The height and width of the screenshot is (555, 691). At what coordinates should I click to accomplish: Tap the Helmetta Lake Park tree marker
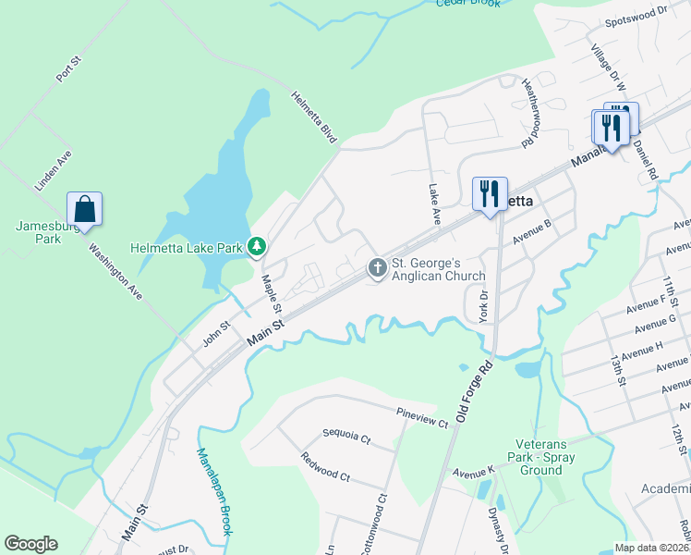(x=258, y=247)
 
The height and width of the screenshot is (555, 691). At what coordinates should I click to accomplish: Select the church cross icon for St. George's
(x=377, y=267)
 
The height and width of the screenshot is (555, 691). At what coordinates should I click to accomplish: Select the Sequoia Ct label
(x=346, y=434)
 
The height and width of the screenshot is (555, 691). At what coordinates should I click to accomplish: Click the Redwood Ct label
(x=325, y=467)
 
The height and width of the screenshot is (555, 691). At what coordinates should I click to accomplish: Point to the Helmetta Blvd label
(x=315, y=117)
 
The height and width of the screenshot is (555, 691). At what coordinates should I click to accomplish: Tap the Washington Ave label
(x=115, y=271)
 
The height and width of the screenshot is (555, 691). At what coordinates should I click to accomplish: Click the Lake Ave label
(x=434, y=203)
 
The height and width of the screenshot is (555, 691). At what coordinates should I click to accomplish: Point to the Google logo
(x=30, y=544)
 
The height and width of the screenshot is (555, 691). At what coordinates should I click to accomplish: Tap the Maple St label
(x=272, y=293)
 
